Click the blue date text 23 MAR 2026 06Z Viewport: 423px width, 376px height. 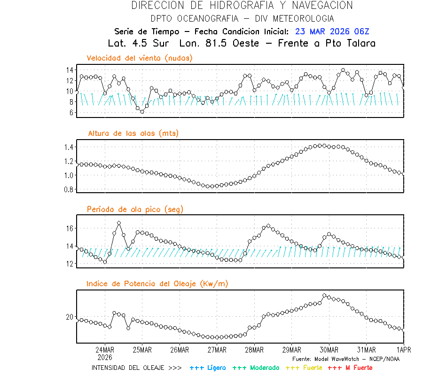[332, 31]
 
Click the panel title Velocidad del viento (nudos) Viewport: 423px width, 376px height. [140, 58]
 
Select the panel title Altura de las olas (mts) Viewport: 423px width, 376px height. [133, 133]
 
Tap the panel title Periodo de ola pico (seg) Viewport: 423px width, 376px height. [135, 209]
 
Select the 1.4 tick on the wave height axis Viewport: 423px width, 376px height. [68, 147]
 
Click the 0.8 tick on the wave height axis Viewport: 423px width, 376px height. [68, 189]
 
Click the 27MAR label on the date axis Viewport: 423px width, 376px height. [216, 350]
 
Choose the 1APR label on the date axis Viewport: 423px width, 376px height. [403, 350]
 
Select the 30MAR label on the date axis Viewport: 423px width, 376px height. [329, 350]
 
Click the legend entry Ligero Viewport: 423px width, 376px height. [208, 368]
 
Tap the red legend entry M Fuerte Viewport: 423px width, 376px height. [350, 368]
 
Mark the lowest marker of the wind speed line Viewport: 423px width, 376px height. [142, 112]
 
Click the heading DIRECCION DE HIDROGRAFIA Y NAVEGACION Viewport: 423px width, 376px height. [242, 6]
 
